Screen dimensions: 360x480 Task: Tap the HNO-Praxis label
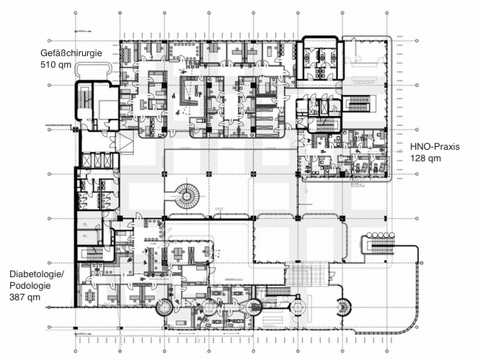435,145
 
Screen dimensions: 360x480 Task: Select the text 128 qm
425,157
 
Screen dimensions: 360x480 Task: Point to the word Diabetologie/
37,274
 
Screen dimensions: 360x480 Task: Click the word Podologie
31,286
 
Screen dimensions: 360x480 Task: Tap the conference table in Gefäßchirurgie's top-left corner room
129,54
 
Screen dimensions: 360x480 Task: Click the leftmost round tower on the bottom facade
164,307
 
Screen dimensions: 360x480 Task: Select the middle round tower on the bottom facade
209,307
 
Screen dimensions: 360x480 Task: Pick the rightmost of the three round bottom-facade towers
254,307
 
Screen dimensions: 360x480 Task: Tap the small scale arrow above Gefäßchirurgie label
84,32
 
